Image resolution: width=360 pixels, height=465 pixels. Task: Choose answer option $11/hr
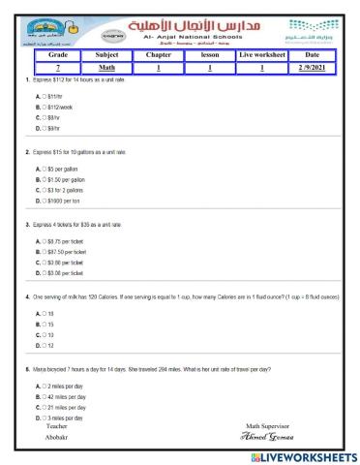[x=48, y=86]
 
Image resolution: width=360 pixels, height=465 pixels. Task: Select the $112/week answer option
[x=52, y=95]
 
